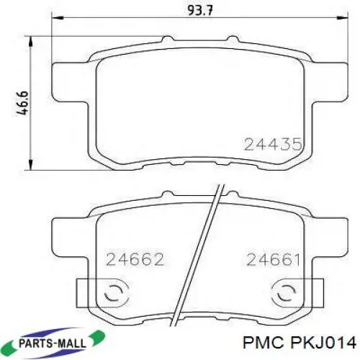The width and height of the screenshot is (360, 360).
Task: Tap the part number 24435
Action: [x=271, y=144]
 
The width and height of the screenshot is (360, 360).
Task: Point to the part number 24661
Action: [x=272, y=258]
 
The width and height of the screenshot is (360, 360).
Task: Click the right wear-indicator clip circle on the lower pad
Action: [x=284, y=293]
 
